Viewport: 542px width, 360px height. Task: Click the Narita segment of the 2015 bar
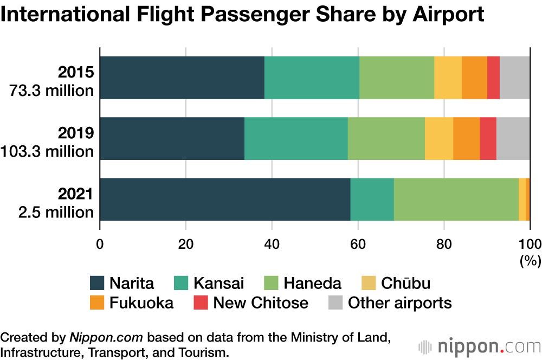point(182,78)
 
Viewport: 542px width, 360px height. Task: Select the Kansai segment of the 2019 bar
point(296,138)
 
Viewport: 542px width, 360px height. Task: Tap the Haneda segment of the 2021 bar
point(456,199)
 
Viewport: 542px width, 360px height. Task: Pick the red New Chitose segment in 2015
point(493,78)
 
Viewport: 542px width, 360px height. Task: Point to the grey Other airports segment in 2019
point(513,138)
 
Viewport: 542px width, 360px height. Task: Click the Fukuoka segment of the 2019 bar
point(466,138)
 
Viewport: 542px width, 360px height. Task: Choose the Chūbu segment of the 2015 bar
point(448,78)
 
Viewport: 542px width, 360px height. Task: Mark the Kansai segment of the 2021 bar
point(372,199)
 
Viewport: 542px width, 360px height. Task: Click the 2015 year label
point(77,72)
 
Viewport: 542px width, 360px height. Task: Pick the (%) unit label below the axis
point(530,260)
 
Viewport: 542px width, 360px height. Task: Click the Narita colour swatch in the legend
point(96,283)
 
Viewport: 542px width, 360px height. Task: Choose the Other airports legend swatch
point(335,303)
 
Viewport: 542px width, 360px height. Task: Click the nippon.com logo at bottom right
point(479,345)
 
